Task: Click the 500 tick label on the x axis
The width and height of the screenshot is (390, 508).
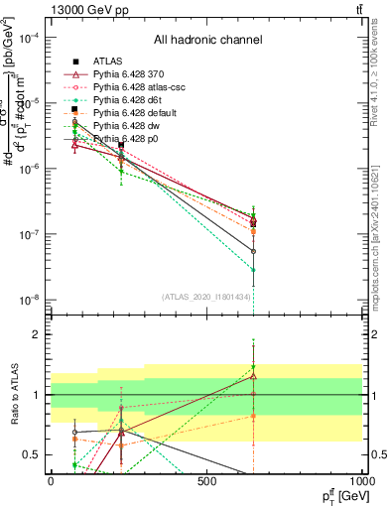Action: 206,482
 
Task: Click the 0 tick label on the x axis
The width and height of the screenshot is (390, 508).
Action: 51,482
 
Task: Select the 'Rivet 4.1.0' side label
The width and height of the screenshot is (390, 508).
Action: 376,74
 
